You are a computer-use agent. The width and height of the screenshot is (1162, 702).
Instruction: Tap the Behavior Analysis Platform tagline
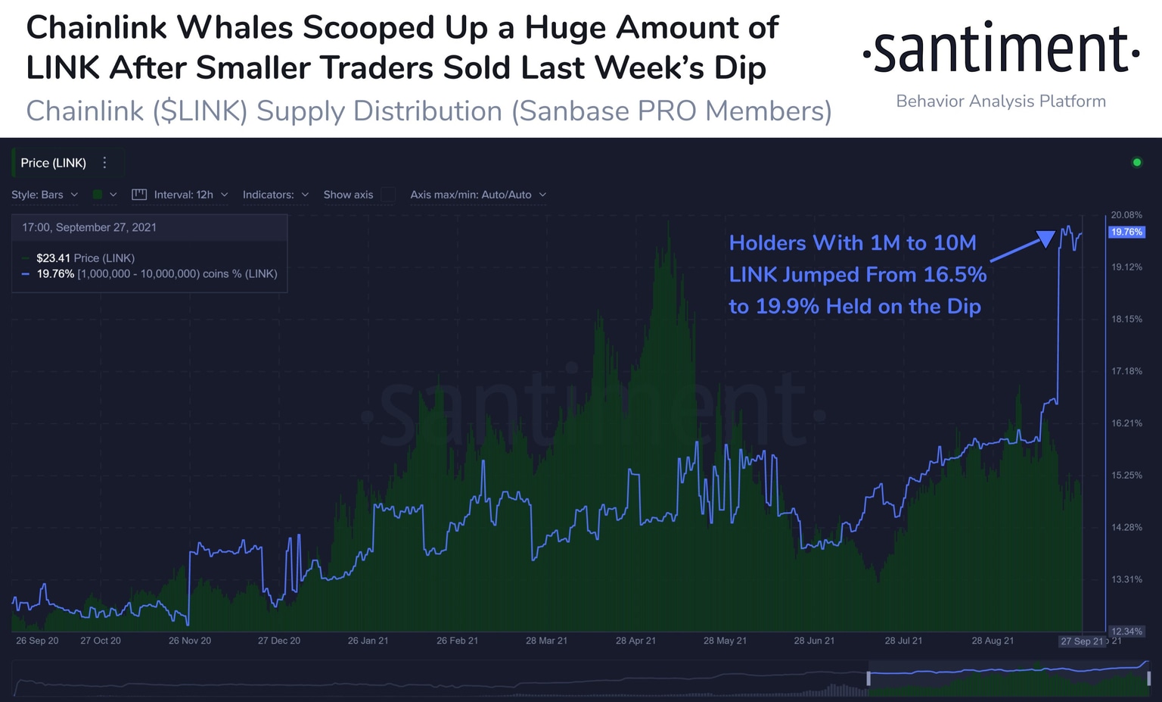click(1000, 101)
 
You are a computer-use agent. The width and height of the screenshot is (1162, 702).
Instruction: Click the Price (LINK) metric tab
click(53, 163)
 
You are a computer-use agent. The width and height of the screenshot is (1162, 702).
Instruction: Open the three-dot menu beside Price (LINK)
click(105, 163)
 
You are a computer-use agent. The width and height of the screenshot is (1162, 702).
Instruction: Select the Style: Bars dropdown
click(45, 195)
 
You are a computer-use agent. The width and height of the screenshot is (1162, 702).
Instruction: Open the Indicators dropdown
click(275, 195)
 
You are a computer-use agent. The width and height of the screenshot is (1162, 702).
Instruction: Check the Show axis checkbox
click(388, 195)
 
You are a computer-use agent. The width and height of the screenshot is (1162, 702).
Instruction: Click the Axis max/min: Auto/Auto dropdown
click(477, 195)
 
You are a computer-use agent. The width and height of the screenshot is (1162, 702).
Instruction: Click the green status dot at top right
click(1136, 162)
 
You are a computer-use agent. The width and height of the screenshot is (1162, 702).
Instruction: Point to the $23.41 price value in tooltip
click(53, 258)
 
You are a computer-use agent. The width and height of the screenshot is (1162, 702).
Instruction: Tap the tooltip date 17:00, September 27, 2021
click(89, 227)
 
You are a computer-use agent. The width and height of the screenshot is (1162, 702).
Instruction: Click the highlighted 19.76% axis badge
click(1126, 232)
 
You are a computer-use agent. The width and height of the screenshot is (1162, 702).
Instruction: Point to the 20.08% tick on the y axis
click(1126, 215)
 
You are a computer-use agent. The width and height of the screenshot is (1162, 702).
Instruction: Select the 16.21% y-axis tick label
click(1126, 423)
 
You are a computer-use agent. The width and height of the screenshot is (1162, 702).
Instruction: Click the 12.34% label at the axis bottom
click(1126, 631)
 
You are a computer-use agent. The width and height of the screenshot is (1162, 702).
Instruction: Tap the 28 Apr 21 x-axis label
click(635, 641)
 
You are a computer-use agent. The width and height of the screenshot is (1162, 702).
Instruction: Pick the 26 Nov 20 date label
click(190, 641)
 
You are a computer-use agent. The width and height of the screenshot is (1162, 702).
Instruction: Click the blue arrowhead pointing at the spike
click(1045, 239)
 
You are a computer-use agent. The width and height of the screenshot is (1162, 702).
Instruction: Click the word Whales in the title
click(235, 28)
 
